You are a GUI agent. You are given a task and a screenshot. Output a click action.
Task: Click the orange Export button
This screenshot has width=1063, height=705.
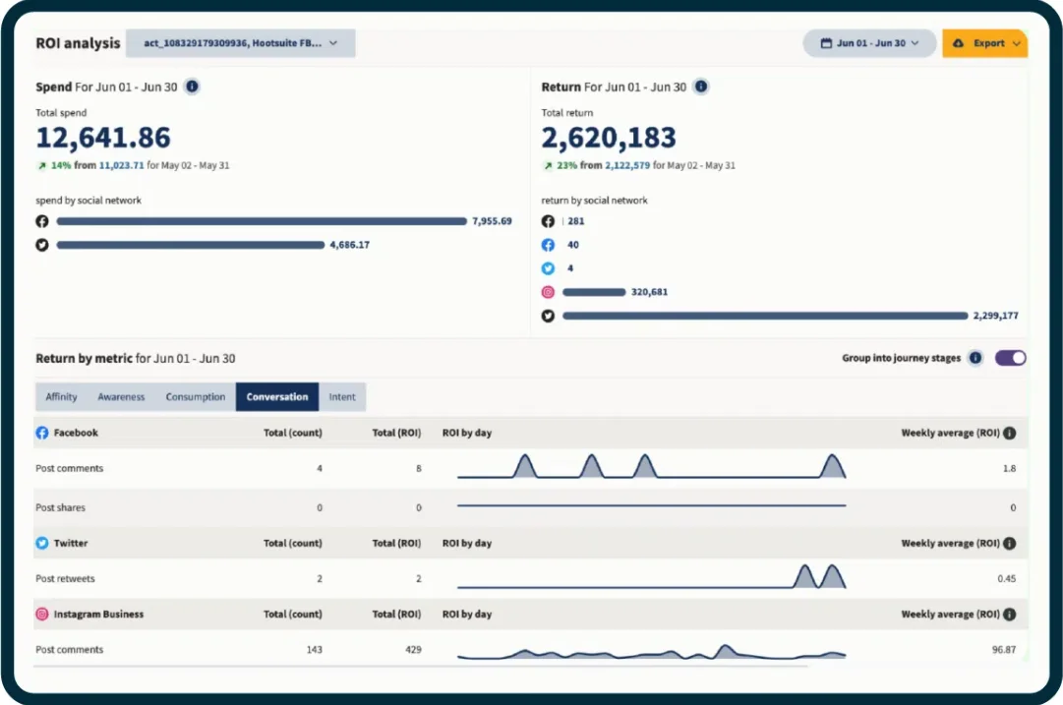[x=984, y=43]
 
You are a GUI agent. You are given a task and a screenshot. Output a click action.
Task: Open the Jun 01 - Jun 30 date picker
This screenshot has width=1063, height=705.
[x=869, y=43]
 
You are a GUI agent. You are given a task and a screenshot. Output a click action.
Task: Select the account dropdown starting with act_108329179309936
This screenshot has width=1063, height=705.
[x=241, y=43]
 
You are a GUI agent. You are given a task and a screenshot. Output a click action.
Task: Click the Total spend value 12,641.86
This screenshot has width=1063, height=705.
[x=103, y=138]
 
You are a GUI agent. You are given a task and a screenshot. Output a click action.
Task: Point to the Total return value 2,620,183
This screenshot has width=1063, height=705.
[x=609, y=138]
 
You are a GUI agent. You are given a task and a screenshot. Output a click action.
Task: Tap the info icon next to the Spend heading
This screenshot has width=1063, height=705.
[x=192, y=87]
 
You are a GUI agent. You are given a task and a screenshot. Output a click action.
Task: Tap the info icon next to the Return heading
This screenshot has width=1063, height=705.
[x=701, y=87]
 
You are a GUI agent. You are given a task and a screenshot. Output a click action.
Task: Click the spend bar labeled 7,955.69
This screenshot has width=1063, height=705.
[x=261, y=221]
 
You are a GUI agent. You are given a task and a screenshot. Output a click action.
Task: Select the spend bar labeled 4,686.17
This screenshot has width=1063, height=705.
[x=190, y=245]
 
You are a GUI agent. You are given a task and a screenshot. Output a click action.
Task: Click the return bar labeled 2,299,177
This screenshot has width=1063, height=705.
[x=765, y=316]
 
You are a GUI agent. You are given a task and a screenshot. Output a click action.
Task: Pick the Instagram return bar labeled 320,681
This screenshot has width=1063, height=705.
[x=594, y=292]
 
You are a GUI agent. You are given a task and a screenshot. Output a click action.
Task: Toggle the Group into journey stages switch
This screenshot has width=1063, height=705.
[x=1010, y=358]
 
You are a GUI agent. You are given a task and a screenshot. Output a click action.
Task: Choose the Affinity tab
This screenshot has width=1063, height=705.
[x=61, y=397]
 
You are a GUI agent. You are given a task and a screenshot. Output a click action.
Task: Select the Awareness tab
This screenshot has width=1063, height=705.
[x=121, y=397]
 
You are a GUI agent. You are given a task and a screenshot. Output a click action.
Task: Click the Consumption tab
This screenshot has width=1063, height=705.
[x=196, y=397]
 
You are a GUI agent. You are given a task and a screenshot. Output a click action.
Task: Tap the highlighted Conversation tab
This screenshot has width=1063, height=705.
[x=277, y=397]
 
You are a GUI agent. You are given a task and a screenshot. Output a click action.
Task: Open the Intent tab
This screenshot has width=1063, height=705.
[x=342, y=397]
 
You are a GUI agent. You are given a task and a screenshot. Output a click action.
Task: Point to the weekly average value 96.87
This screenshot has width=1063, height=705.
[x=1004, y=650]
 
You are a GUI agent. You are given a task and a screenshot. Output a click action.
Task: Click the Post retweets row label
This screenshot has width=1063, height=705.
[x=65, y=579]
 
